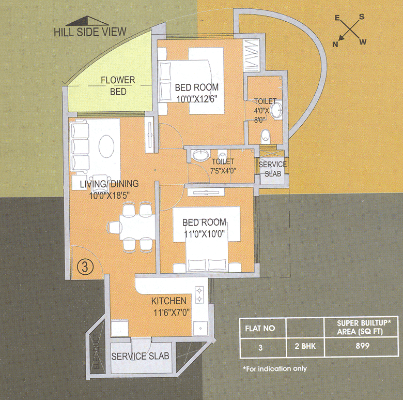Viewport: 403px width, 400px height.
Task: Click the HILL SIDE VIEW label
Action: [x=90, y=32]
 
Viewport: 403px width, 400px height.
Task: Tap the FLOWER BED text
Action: [x=117, y=86]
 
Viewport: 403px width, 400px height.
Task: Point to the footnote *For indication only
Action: [x=274, y=369]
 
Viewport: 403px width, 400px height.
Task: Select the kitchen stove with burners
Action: [x=199, y=298]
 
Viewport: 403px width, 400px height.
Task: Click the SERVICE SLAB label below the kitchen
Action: [x=140, y=357]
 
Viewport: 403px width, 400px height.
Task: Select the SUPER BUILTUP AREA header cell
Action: [x=362, y=328]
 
